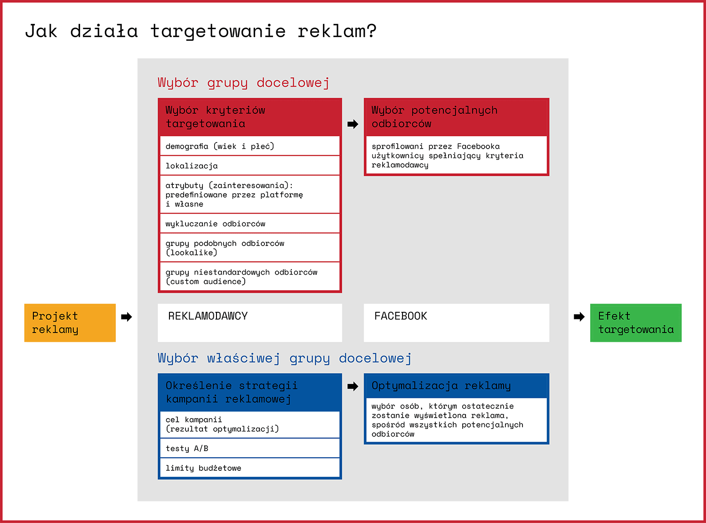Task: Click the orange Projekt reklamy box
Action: point(70,323)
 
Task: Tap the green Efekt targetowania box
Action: point(636,323)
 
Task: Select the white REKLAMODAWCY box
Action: point(250,323)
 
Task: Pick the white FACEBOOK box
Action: point(457,323)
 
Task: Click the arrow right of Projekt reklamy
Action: point(126,317)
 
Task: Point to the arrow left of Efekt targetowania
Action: point(579,317)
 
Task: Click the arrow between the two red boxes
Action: point(353,124)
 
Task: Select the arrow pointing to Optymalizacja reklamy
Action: point(353,387)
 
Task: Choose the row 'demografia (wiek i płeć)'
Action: point(250,146)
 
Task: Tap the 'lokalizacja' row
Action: point(250,166)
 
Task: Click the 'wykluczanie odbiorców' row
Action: point(250,224)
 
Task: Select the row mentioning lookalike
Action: point(250,248)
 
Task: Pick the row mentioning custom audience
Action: point(250,277)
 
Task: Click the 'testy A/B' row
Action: point(250,448)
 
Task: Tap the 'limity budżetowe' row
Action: point(250,468)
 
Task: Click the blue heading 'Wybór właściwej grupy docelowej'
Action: point(285,358)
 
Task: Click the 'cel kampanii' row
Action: point(250,424)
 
